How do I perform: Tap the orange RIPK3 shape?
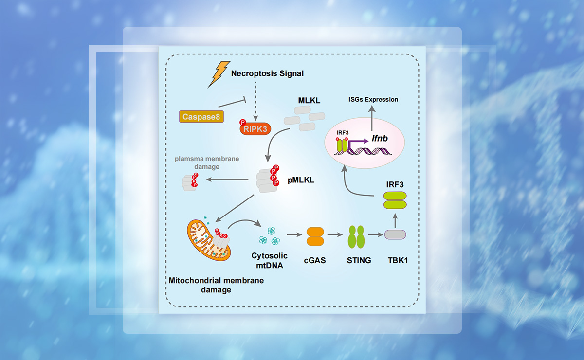click(x=255, y=129)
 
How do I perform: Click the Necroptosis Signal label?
click(x=267, y=73)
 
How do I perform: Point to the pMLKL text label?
click(x=301, y=180)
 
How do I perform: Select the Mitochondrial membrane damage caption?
click(x=216, y=285)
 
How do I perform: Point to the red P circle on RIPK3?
click(x=241, y=123)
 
